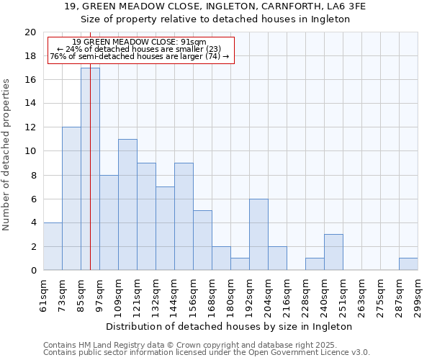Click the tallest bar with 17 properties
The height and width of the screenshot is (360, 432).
pyautogui.click(x=90, y=169)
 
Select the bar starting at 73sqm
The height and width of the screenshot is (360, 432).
pyautogui.click(x=71, y=199)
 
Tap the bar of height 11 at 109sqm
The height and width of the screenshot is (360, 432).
pyautogui.click(x=127, y=204)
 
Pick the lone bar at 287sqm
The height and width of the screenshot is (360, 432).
pyautogui.click(x=408, y=264)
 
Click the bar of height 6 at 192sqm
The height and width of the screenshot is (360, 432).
pyautogui.click(x=258, y=235)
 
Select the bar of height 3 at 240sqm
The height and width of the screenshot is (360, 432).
pyautogui.click(x=333, y=252)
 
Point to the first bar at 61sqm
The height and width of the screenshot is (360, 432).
pyautogui.click(x=53, y=246)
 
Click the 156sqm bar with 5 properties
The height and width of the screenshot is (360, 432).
pyautogui.click(x=202, y=240)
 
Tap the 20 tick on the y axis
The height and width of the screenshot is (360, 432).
pyautogui.click(x=30, y=32)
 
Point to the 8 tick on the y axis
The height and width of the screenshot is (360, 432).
pyautogui.click(x=32, y=175)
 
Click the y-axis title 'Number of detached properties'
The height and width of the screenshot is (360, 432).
pyautogui.click(x=6, y=155)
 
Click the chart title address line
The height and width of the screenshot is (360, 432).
pyautogui.click(x=215, y=6)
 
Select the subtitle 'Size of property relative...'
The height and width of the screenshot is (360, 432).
pyautogui.click(x=215, y=19)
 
